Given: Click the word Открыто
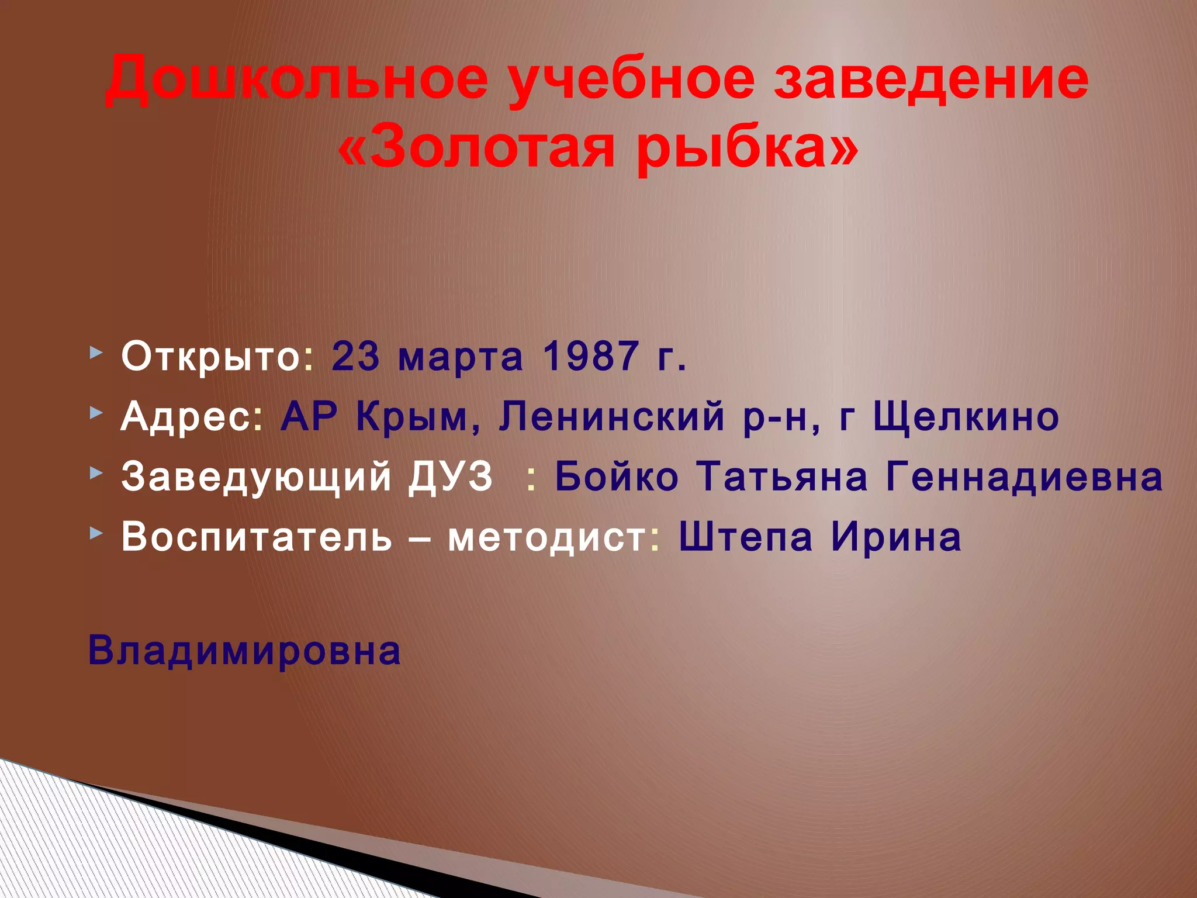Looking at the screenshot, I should pos(211,356).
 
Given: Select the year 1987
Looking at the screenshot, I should pos(590,356).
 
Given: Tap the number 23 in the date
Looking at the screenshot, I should pos(356,356).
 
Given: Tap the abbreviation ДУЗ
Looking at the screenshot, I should pos(451,476).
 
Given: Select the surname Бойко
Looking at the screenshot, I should pos(617,476).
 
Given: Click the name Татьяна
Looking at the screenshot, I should pos(784,476).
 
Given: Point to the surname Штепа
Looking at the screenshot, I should pos(746,537).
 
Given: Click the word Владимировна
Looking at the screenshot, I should pos(244,651).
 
